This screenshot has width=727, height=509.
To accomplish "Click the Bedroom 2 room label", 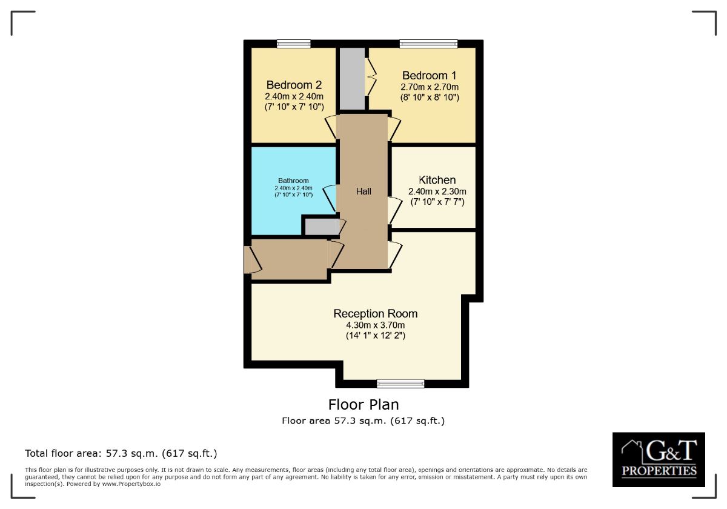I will click(x=294, y=85).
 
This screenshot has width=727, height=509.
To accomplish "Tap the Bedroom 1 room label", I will click(x=430, y=76).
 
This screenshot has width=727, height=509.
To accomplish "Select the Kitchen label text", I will click(x=437, y=180).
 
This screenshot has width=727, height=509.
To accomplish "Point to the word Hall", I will click(x=363, y=191).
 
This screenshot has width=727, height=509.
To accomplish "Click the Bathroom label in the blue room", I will click(x=293, y=181).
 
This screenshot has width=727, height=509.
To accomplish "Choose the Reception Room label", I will click(x=376, y=314).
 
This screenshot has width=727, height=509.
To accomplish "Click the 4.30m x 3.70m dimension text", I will click(x=376, y=325).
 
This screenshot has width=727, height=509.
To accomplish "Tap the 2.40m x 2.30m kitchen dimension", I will click(x=437, y=191).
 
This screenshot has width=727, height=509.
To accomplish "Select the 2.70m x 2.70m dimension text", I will click(x=430, y=87).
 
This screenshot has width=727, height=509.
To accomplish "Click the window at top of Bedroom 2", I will click(x=294, y=44).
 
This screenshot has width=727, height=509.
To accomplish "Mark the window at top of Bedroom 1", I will click(x=428, y=44).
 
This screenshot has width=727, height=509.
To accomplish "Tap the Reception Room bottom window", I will click(x=400, y=383).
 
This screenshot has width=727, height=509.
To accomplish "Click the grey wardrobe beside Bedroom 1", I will click(x=352, y=79).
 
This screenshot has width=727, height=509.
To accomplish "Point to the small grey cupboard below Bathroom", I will click(x=321, y=227).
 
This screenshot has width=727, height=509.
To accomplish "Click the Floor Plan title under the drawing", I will click(x=363, y=404).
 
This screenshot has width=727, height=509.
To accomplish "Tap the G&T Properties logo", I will click(x=659, y=459).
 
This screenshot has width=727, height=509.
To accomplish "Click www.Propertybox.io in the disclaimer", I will click(x=131, y=484).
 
